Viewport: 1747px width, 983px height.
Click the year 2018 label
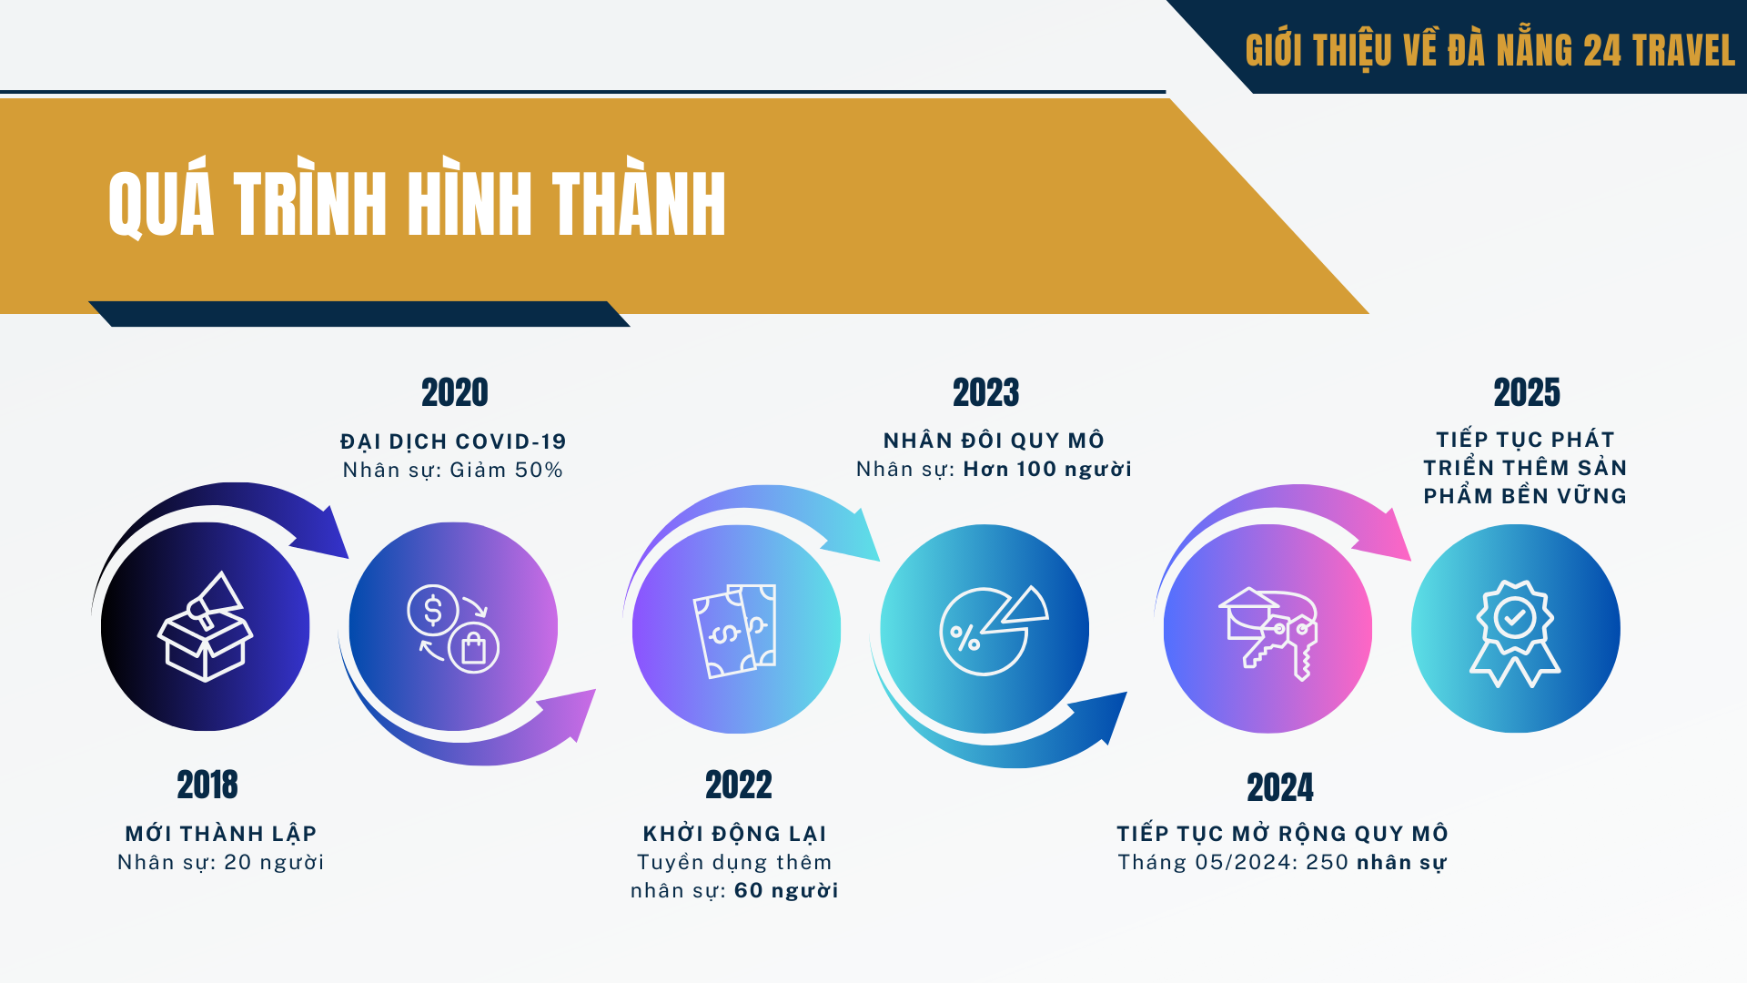207,785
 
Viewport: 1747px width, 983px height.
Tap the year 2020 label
455,392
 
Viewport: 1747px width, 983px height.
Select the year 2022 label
739,785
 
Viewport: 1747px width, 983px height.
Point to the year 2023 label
986,392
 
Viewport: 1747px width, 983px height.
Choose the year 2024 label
1280,787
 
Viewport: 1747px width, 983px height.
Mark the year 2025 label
1527,392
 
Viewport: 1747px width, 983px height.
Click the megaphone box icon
205,626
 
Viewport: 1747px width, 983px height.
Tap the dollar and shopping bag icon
453,628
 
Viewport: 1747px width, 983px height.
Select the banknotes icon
735,631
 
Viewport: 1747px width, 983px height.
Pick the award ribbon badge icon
1515,633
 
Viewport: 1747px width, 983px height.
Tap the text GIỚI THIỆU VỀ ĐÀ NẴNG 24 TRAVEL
1489,50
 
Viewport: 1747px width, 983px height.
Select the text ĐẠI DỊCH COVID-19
453,441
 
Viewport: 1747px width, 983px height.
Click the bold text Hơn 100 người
1047,469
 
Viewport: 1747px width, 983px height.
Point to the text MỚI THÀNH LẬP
221,834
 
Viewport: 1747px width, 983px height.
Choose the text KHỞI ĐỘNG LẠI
735,834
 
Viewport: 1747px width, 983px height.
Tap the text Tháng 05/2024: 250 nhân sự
1282,862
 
